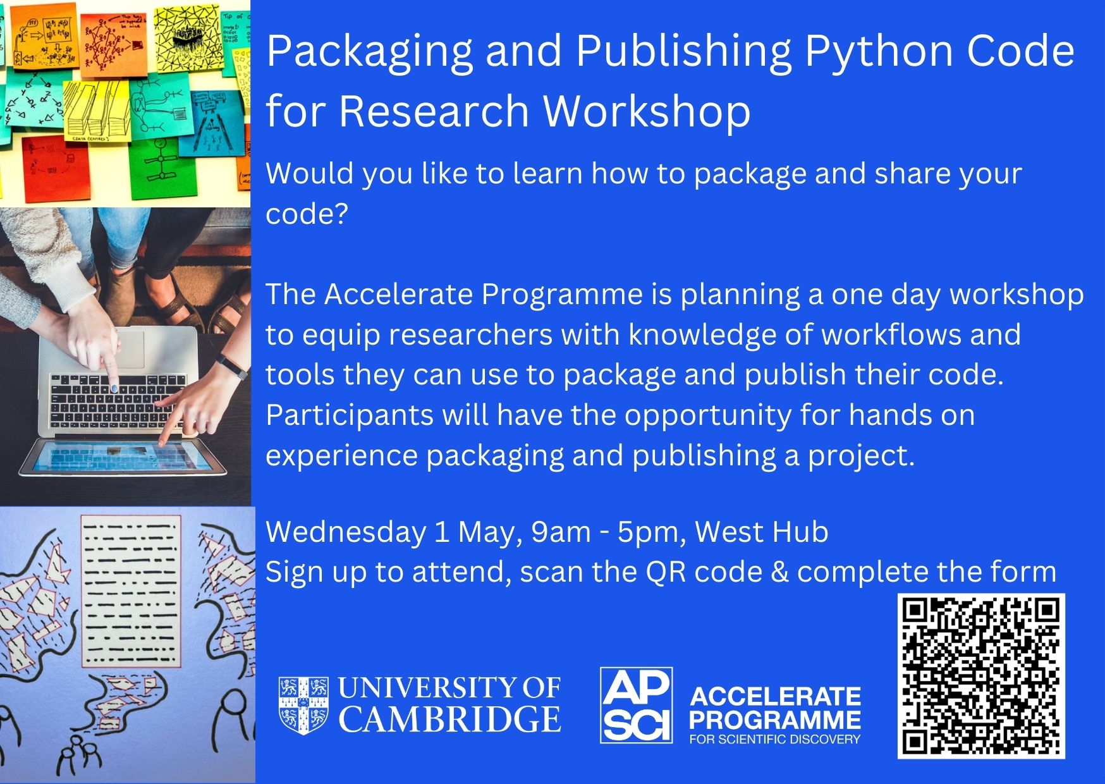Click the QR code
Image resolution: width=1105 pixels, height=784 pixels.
(982, 676)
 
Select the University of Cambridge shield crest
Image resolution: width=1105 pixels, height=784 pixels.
(304, 705)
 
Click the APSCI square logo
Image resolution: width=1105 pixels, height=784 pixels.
(636, 705)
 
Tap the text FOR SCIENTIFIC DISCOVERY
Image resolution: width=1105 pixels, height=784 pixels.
(775, 739)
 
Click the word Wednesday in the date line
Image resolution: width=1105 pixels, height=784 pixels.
(346, 532)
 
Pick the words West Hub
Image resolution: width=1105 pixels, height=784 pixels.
(762, 532)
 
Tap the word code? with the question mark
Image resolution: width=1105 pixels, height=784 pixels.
(307, 214)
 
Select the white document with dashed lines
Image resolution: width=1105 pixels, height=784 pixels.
(131, 591)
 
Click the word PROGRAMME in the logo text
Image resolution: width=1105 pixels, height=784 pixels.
(775, 720)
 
